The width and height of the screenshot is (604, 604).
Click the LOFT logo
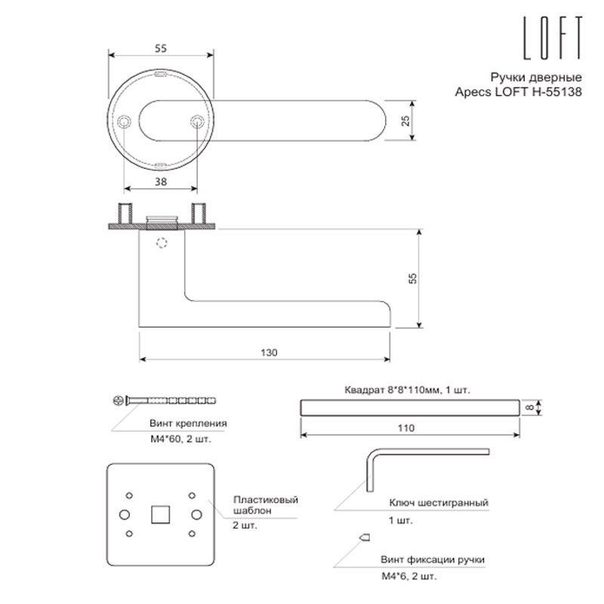coord(553,38)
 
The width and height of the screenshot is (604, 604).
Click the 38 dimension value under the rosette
coord(161,181)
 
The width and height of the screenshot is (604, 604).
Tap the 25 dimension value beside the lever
coord(405,121)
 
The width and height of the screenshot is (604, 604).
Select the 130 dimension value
coord(269,353)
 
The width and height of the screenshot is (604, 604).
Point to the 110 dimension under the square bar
coord(406,428)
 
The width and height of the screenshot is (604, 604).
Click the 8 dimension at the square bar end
coord(531,408)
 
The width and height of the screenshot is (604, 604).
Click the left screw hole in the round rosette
coord(124,122)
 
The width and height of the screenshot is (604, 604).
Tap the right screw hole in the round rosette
coord(197,122)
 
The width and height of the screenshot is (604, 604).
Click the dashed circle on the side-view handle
coord(162,243)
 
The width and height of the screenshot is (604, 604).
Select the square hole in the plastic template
coord(161,514)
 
